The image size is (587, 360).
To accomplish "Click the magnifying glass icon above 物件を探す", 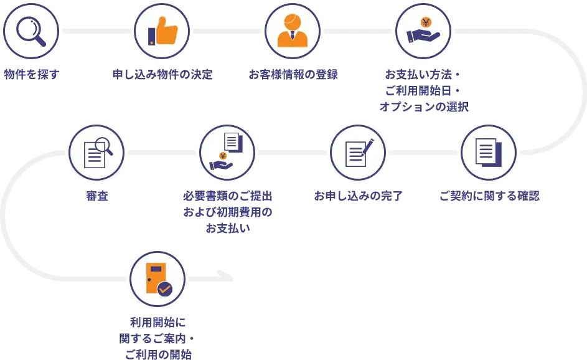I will pyautogui.click(x=31, y=31).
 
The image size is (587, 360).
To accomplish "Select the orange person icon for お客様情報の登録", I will pyautogui.click(x=293, y=31).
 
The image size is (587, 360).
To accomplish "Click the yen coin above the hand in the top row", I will pyautogui.click(x=426, y=23).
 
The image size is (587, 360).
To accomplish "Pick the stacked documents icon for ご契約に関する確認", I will pyautogui.click(x=489, y=152).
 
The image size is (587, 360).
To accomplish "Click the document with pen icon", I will pyautogui.click(x=358, y=152).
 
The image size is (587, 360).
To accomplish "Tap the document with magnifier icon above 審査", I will pyautogui.click(x=96, y=152).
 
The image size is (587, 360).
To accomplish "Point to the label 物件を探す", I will pyautogui.click(x=31, y=75).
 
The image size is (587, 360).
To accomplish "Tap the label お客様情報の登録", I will pyautogui.click(x=293, y=75).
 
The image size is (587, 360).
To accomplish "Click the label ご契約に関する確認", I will pyautogui.click(x=489, y=196).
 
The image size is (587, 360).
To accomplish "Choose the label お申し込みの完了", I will pyautogui.click(x=358, y=196).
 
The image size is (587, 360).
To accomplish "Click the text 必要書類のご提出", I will pyautogui.click(x=227, y=196).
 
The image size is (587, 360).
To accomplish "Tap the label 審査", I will pyautogui.click(x=96, y=196).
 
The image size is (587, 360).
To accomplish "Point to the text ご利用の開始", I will pyautogui.click(x=157, y=354).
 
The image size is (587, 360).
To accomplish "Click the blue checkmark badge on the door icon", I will pyautogui.click(x=164, y=288).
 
